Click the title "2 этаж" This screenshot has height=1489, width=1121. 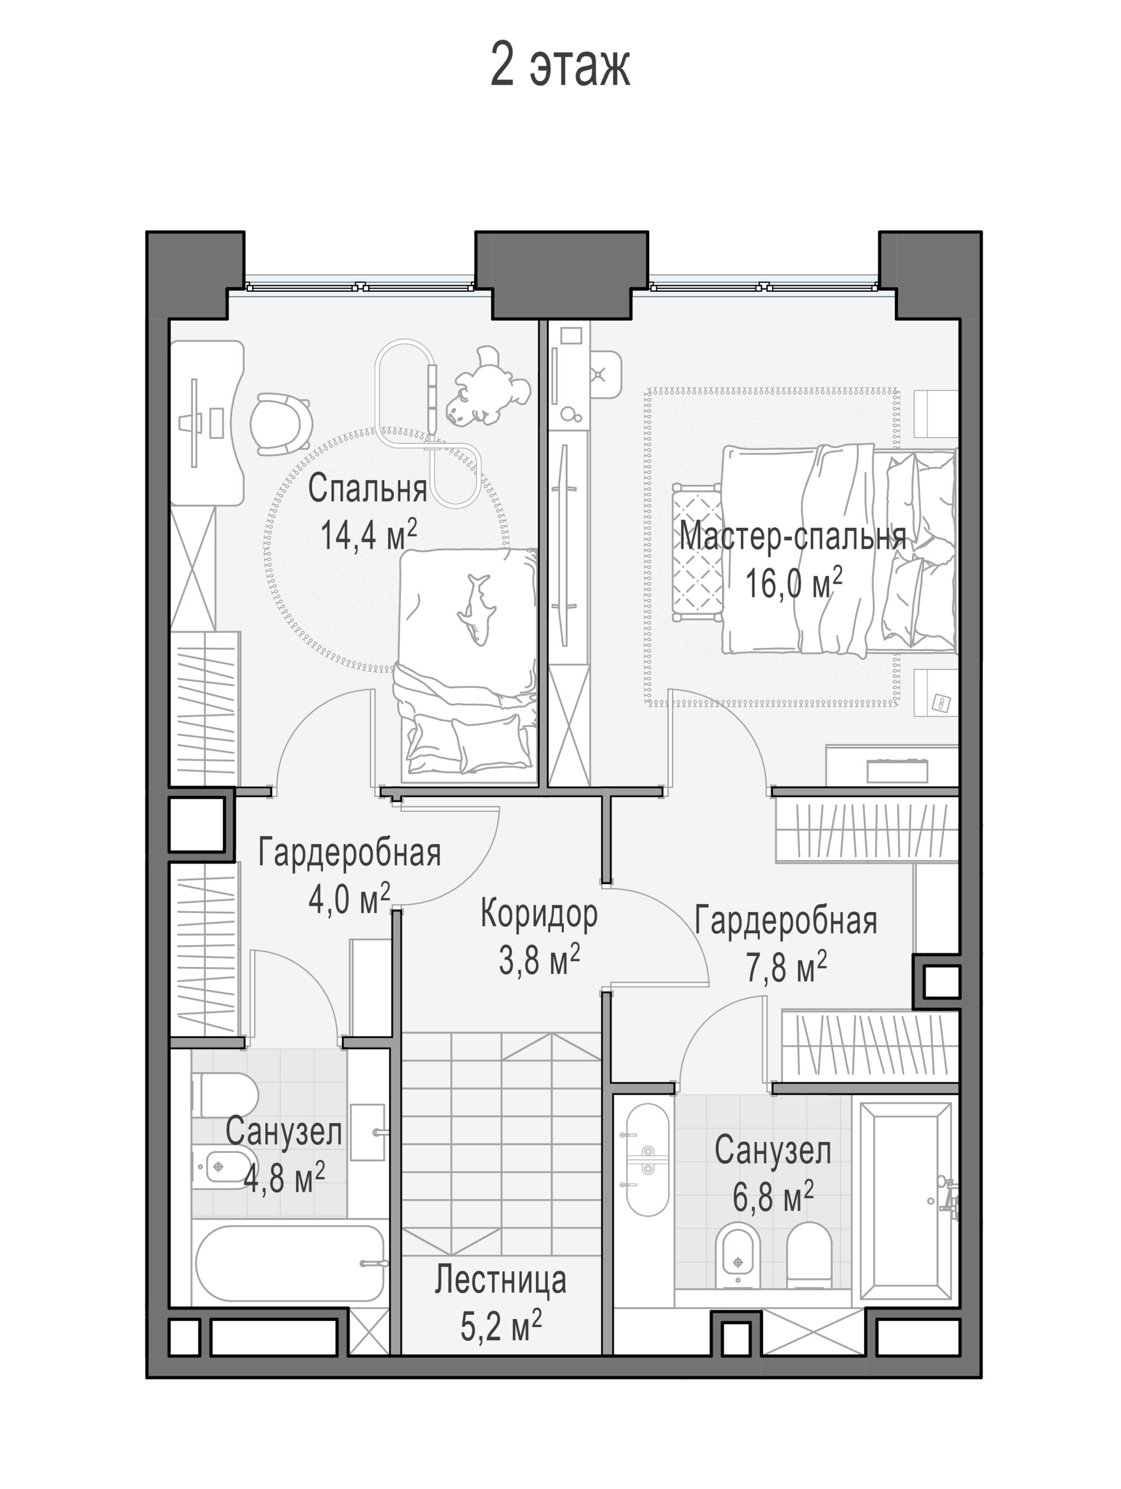(559, 66)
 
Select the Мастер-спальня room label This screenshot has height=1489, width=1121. (792, 537)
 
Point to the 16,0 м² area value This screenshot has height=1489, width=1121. (793, 582)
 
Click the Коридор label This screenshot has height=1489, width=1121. (538, 915)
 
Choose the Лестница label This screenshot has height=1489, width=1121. (500, 1280)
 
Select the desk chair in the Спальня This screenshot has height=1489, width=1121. (281, 424)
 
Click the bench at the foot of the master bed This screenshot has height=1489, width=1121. (696, 552)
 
